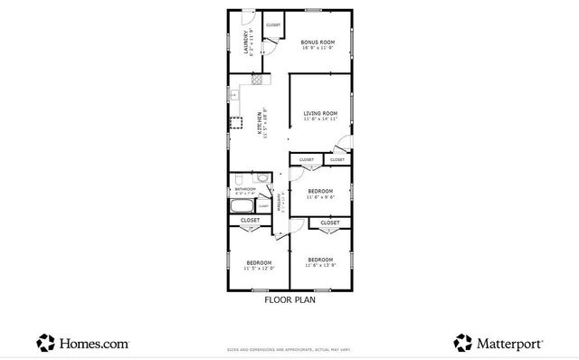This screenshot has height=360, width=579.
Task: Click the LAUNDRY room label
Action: coord(244,43)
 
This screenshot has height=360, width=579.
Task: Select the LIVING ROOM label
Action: coord(320,113)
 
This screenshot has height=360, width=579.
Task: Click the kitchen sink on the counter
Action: coord(233,93)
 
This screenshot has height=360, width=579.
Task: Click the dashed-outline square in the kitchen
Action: coord(237,122)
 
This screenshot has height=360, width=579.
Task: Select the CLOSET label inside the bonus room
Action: coord(272,24)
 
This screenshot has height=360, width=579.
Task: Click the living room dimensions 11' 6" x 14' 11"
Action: coord(321,119)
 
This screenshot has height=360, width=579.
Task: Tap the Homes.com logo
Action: coord(82,344)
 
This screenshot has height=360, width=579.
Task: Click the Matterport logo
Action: coord(498,344)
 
